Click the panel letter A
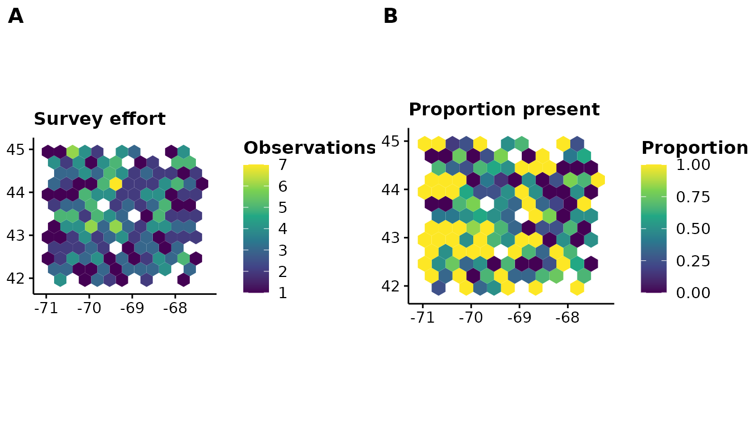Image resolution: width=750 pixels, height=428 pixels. coord(16,16)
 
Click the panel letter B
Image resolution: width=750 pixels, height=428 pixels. coord(391,16)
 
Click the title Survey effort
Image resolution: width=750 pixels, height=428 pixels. coord(100,119)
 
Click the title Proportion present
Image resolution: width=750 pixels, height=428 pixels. coord(504,109)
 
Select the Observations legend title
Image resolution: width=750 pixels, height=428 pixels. coord(310,148)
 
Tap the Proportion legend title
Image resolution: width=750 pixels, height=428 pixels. coord(695,148)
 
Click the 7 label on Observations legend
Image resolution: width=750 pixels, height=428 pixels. coord(283,165)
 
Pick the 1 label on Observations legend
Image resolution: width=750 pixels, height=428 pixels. coord(283,293)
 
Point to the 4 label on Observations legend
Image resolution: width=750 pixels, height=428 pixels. coord(283,228)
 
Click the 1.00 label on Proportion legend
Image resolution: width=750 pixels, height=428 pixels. coord(693,165)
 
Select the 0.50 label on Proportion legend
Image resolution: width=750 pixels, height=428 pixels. coord(693,228)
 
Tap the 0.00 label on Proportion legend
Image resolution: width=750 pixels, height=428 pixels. coord(693,293)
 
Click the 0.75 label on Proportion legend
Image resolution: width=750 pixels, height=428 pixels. coord(693,197)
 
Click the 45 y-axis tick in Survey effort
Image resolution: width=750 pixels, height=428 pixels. coord(16,149)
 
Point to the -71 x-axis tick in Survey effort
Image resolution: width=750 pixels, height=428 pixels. coord(46,308)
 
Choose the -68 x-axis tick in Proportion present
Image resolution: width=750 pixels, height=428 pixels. coord(568,317)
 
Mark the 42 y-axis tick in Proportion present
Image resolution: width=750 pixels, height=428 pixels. coord(391,286)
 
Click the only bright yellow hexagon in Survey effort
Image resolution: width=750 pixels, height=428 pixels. coord(116,183)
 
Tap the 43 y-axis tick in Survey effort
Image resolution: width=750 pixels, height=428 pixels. coord(16,235)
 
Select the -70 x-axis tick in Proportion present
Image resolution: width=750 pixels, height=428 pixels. coord(471,317)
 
